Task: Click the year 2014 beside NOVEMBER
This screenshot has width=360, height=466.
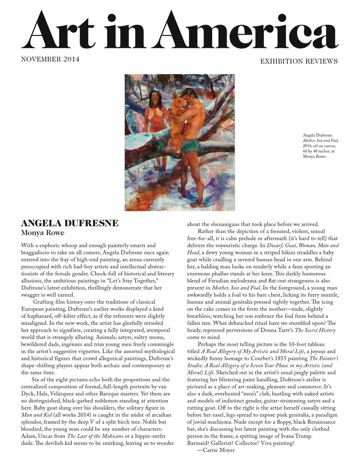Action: tap(71, 59)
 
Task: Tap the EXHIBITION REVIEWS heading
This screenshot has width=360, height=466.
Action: tap(299, 61)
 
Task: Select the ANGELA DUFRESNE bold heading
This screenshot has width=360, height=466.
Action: tap(69, 223)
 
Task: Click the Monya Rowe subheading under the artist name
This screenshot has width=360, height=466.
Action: tap(43, 233)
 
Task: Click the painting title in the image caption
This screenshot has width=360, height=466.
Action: tap(320, 141)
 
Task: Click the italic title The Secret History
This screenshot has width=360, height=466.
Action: tap(315, 330)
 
